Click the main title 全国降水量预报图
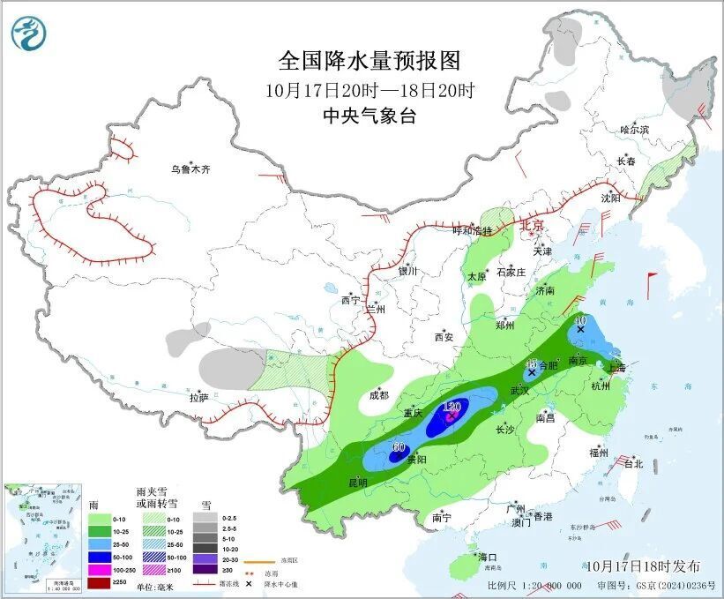point(369,61)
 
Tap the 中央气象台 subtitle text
point(369,116)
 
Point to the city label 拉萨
point(199,398)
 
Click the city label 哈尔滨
point(633,130)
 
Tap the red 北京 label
point(533,226)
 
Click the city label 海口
point(489,558)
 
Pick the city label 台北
point(632,463)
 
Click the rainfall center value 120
point(453,407)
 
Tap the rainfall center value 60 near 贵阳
point(398,446)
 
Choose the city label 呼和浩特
point(472,231)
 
